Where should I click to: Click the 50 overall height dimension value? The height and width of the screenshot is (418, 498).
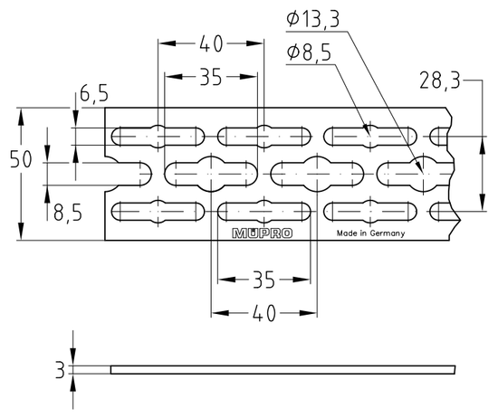(21, 159)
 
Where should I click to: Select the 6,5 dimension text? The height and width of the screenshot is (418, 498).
(93, 93)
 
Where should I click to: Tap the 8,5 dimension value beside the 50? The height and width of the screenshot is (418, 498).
(67, 214)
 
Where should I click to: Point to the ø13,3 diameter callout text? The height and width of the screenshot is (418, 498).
(313, 18)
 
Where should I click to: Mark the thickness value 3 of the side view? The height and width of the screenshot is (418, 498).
(60, 369)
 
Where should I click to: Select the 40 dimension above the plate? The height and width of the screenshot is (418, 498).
(211, 42)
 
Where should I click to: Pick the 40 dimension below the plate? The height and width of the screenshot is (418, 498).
(263, 313)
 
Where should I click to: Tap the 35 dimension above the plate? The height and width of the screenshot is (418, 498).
(211, 78)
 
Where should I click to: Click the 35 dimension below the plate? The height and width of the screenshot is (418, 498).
(263, 277)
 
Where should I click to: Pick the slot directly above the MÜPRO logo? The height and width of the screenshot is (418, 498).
(263, 212)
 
